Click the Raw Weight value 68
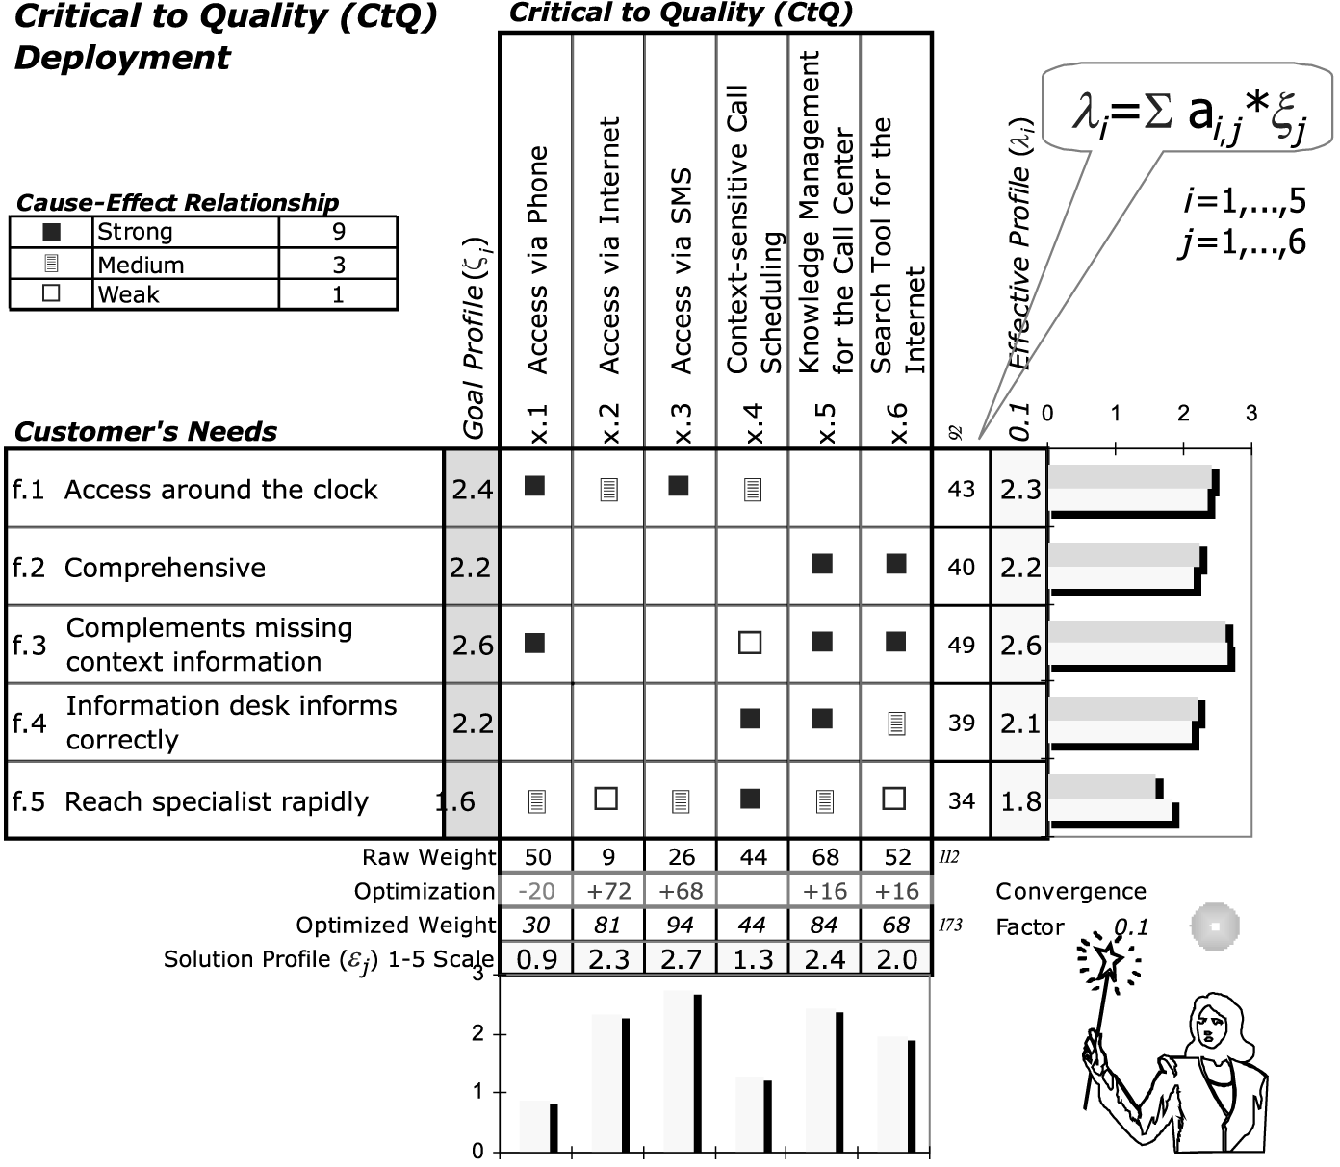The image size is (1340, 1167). click(x=825, y=857)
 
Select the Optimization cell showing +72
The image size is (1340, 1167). click(x=608, y=891)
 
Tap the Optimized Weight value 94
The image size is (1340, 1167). click(x=680, y=925)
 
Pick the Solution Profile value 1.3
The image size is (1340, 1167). click(x=752, y=959)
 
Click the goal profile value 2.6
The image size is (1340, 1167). click(x=473, y=645)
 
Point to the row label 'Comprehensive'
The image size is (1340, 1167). click(x=165, y=568)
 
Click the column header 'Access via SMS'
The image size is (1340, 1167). click(x=681, y=272)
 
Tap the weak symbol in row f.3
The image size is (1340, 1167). click(x=750, y=642)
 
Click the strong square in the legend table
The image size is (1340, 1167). click(x=52, y=232)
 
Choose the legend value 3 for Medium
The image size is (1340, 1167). click(x=338, y=265)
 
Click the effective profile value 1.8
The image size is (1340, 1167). click(x=1020, y=800)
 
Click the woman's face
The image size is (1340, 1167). click(x=1208, y=1028)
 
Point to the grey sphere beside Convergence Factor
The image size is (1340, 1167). click(x=1214, y=926)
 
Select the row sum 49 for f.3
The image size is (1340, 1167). click(x=961, y=645)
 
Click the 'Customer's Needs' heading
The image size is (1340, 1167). click(x=146, y=432)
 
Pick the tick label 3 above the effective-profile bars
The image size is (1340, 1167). click(x=1250, y=414)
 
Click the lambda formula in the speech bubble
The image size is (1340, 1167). click(x=1189, y=117)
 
